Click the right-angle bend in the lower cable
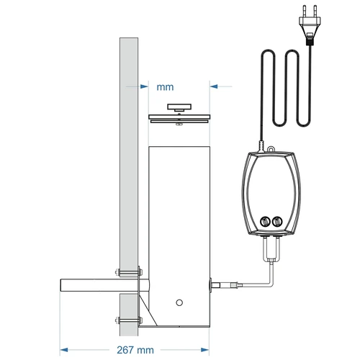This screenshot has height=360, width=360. pyautogui.click(x=268, y=284)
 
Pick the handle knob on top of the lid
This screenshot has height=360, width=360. pyautogui.click(x=177, y=107)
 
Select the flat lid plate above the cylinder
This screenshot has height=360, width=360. pyautogui.click(x=177, y=118)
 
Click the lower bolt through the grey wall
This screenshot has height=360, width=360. pyautogui.click(x=127, y=320)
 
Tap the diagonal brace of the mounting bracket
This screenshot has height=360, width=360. pyautogui.click(x=148, y=308)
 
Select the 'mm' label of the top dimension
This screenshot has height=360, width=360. pyautogui.click(x=165, y=86)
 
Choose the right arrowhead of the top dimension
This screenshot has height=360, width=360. pyautogui.click(x=214, y=86)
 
